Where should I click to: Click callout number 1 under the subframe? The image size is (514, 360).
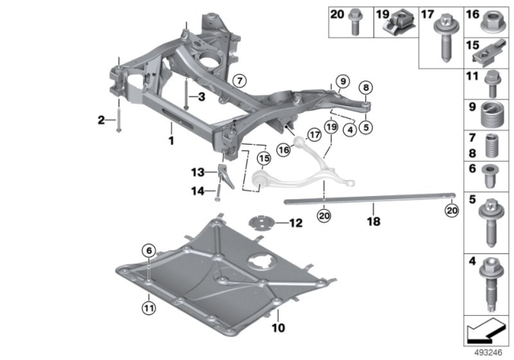point(170,140)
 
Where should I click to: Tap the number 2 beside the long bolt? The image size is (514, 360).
point(101,120)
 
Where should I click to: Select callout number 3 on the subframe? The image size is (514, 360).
point(202,97)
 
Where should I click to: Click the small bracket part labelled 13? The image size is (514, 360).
point(226,174)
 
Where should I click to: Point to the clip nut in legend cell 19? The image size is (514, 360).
point(399,26)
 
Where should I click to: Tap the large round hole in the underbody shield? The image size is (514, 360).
point(260,264)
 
